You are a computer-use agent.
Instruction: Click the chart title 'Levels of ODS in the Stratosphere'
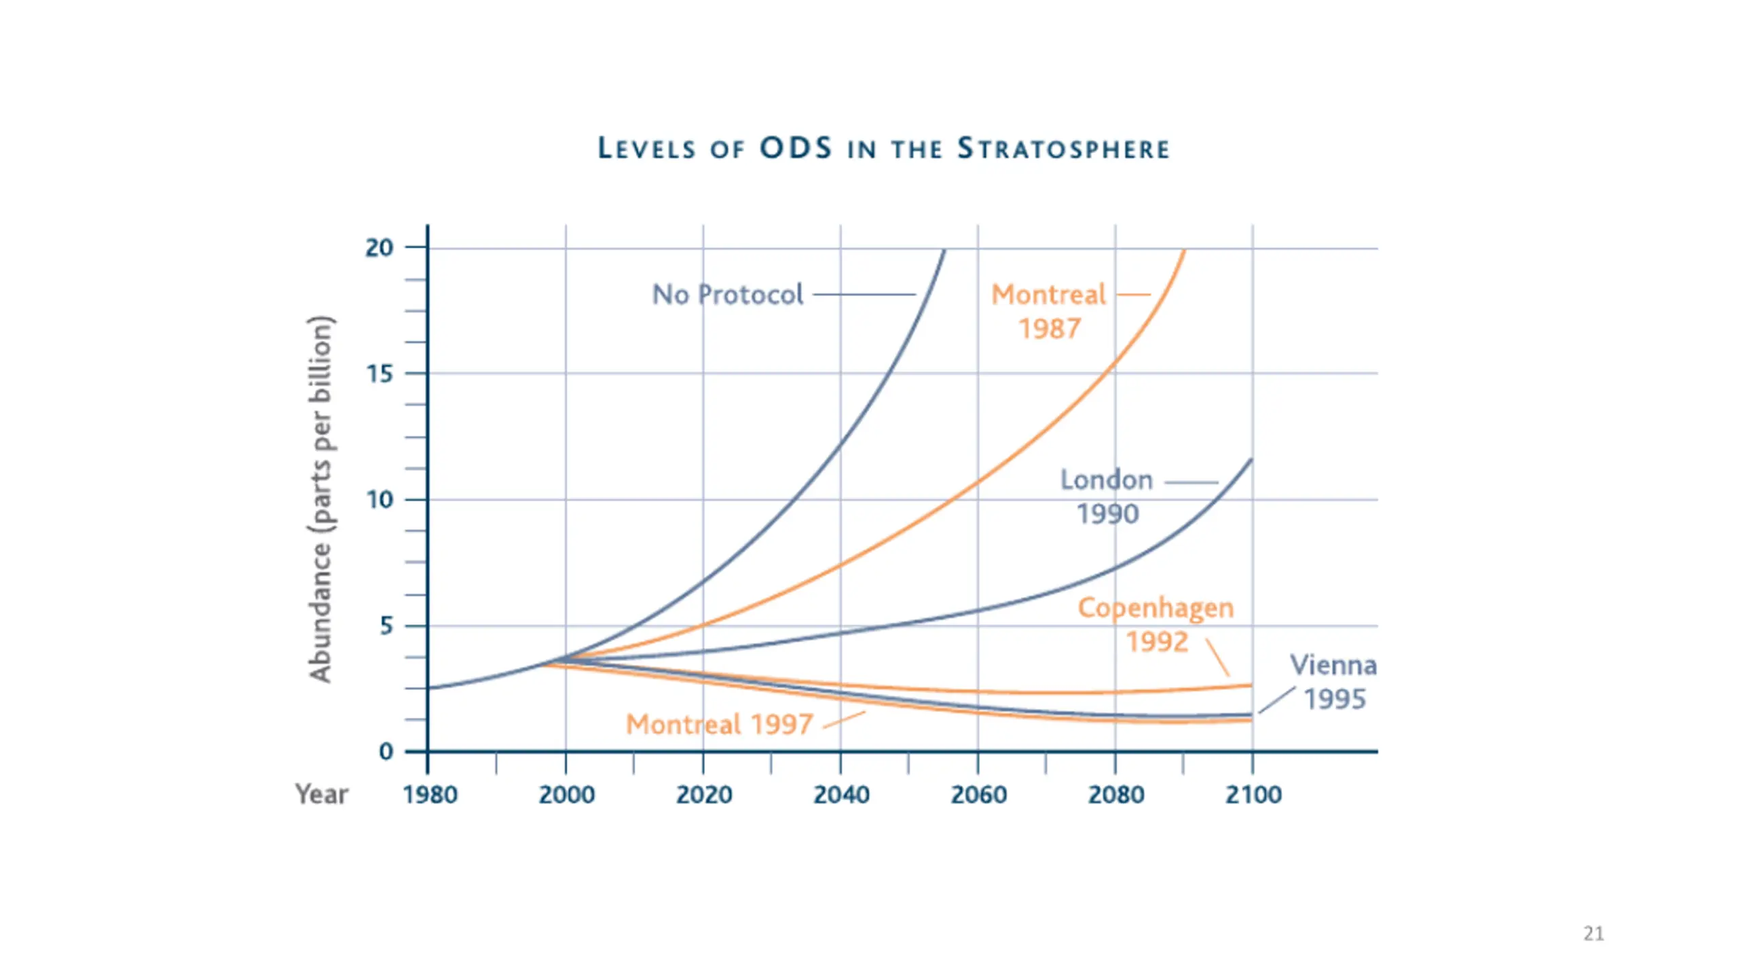[x=883, y=149]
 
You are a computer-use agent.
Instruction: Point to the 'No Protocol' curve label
[x=727, y=295]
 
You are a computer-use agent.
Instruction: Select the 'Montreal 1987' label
[x=1049, y=312]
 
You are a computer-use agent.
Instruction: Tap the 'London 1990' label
[x=1107, y=497]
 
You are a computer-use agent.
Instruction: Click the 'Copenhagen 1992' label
[x=1156, y=625]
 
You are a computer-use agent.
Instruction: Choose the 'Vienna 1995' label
[x=1333, y=682]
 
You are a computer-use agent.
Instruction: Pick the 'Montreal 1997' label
[x=719, y=725]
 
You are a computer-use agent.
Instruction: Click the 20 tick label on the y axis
[x=380, y=248]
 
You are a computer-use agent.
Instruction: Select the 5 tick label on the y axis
[x=386, y=626]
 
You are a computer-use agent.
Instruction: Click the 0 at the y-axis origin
[x=386, y=751]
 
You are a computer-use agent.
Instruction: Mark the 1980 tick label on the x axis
[x=430, y=795]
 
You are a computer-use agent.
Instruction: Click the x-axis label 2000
[x=567, y=795]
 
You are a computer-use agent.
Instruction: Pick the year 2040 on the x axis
[x=841, y=795]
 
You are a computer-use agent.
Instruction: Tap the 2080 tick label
[x=1115, y=795]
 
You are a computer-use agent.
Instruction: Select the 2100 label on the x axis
[x=1253, y=795]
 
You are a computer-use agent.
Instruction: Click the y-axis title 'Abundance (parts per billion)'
[x=320, y=499]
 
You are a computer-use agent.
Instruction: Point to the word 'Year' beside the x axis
[x=321, y=794]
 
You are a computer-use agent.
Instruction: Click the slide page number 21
[x=1593, y=934]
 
